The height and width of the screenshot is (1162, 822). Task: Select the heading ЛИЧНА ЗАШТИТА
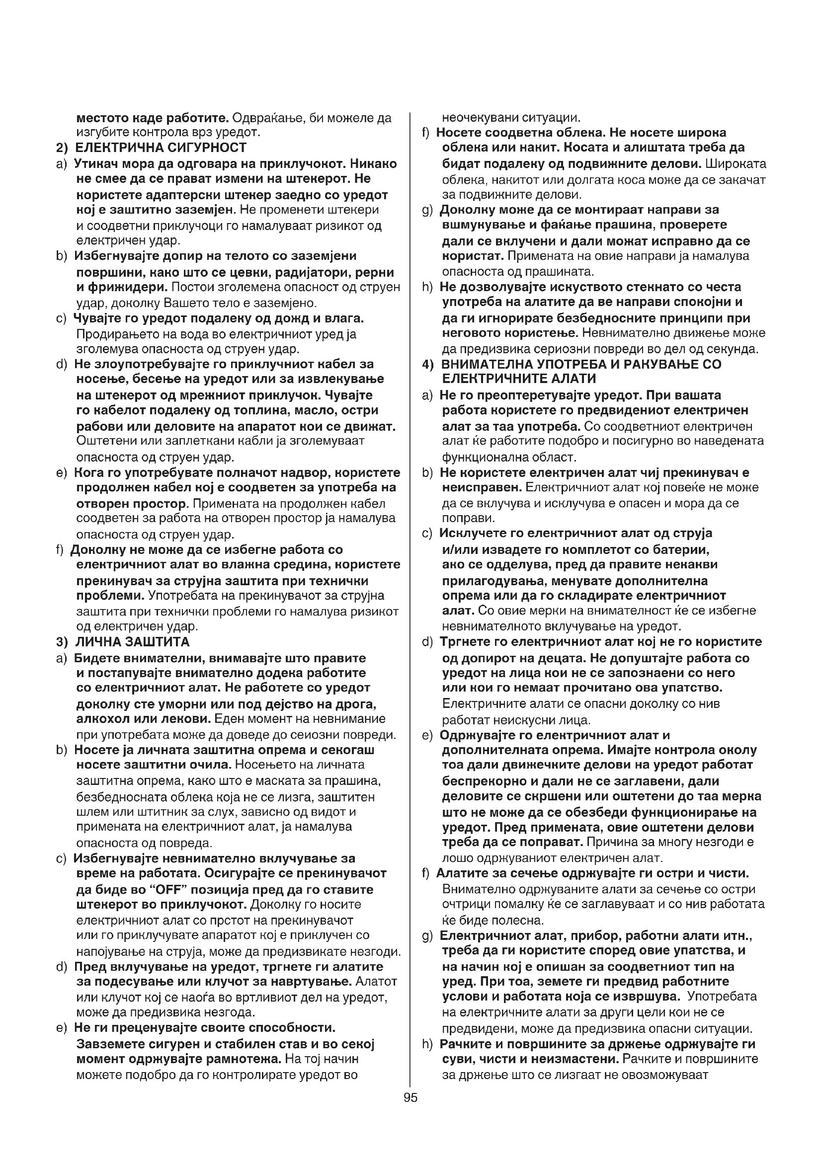[132, 642]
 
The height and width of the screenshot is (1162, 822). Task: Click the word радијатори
[306, 272]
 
